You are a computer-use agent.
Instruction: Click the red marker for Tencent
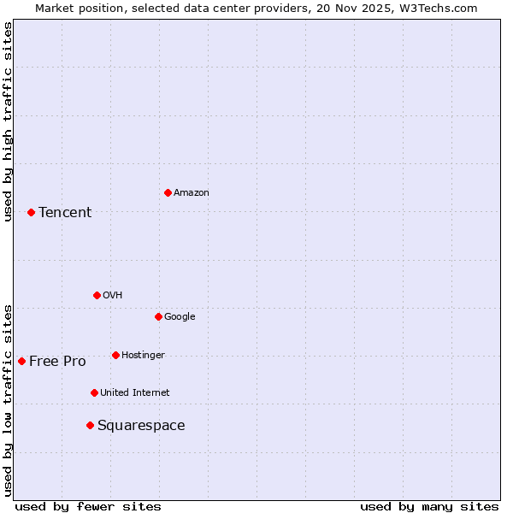click(x=31, y=212)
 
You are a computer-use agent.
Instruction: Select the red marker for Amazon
click(x=168, y=192)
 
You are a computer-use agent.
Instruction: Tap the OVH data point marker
click(x=97, y=295)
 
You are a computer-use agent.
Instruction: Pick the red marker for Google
click(x=158, y=316)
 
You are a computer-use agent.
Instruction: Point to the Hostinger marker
click(x=115, y=355)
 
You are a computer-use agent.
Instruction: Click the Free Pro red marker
click(x=21, y=361)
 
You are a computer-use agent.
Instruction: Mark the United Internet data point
click(x=94, y=392)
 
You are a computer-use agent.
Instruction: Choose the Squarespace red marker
click(x=90, y=425)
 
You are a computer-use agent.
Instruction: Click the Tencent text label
click(x=65, y=212)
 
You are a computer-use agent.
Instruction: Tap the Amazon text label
click(x=192, y=192)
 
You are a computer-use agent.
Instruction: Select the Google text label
click(x=180, y=316)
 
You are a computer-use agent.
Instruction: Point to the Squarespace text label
click(x=141, y=425)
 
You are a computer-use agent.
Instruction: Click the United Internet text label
click(x=135, y=392)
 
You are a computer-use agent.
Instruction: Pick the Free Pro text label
click(x=57, y=361)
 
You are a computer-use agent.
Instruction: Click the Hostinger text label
click(x=143, y=355)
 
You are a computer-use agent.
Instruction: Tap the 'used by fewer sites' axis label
click(x=88, y=506)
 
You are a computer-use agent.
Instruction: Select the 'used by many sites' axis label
click(x=429, y=506)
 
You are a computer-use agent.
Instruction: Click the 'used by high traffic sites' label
click(x=8, y=121)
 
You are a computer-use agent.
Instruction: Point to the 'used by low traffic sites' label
click(x=8, y=399)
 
